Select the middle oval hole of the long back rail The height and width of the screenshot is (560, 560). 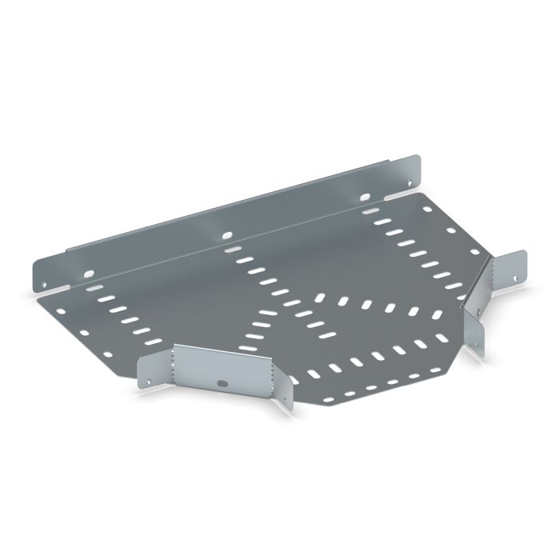click(x=226, y=234)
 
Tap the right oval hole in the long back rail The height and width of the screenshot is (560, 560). click(x=365, y=196)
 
